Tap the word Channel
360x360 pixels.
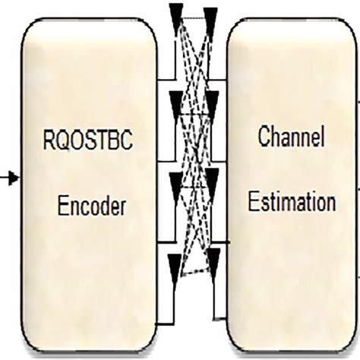[x=291, y=138]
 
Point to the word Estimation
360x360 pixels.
[x=291, y=203]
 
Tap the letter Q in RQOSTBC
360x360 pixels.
[x=63, y=141]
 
